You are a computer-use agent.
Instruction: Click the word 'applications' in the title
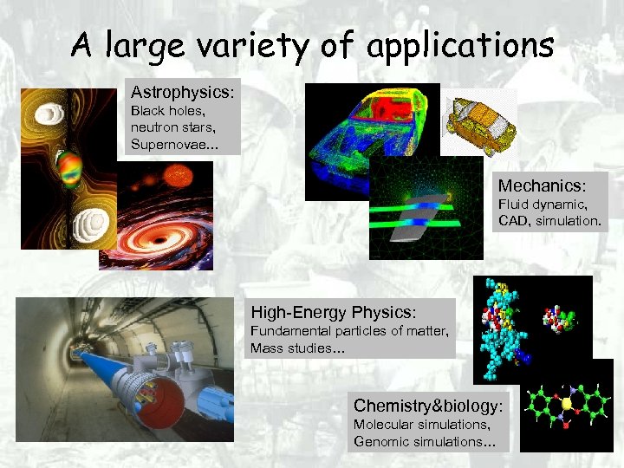click(460, 45)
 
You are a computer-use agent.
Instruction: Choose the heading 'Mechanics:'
click(542, 185)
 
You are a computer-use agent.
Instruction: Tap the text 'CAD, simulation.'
click(549, 221)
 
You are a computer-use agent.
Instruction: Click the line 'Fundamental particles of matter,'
click(349, 331)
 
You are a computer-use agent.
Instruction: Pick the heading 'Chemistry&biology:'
click(428, 405)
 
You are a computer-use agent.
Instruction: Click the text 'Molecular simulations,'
click(421, 425)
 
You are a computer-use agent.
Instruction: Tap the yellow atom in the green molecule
click(566, 403)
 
